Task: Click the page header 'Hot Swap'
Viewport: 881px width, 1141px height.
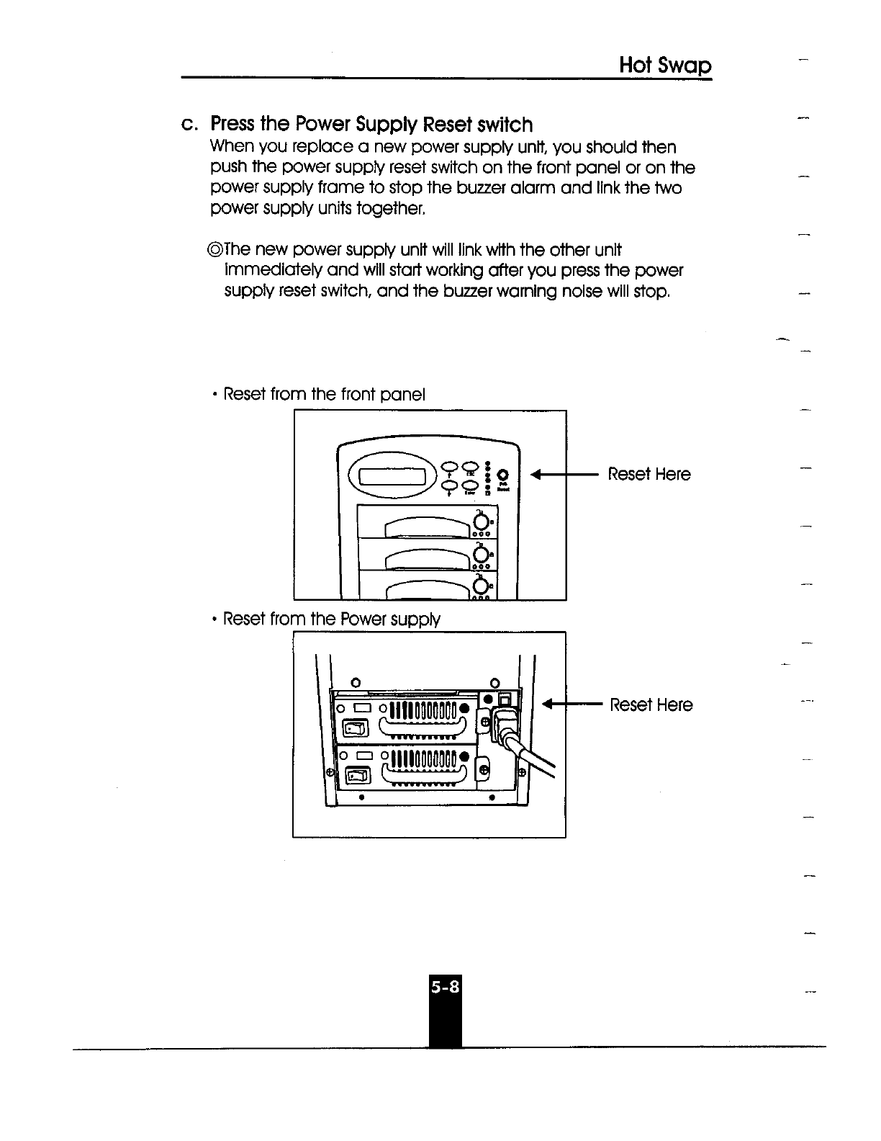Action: (x=665, y=66)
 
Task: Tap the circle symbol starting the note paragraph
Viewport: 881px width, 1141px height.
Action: (x=214, y=251)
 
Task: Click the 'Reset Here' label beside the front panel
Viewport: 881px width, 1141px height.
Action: (x=649, y=474)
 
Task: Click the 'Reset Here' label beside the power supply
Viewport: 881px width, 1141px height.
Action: (x=651, y=704)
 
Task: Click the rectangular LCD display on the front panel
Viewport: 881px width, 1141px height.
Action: (x=395, y=478)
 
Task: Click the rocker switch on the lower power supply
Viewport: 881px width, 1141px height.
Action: (x=358, y=776)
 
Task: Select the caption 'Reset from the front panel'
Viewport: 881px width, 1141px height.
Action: (x=324, y=395)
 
